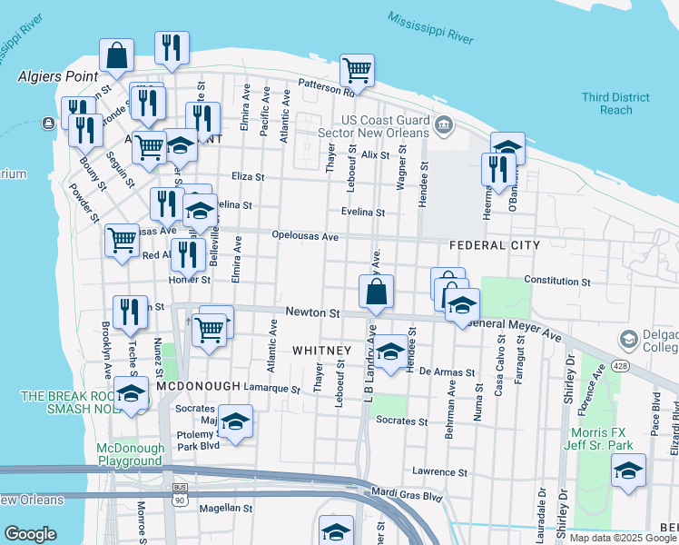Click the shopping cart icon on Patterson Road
point(358,70)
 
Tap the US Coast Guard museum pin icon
point(444,125)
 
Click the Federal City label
point(495,245)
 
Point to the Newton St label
point(312,312)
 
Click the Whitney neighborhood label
point(321,351)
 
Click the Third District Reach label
point(616,104)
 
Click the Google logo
point(30,534)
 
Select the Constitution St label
point(557,282)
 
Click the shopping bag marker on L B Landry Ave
point(376,292)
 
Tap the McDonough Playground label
point(131,454)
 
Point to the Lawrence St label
point(438,472)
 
